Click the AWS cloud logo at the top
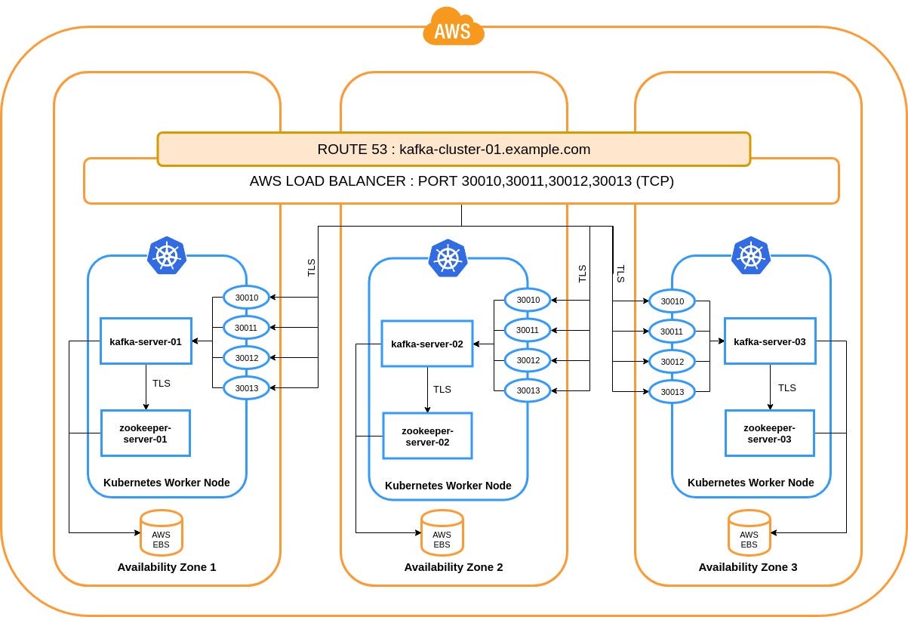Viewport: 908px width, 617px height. click(x=453, y=28)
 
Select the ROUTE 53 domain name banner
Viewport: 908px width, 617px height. click(x=453, y=149)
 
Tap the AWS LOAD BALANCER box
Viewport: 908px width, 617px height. click(x=461, y=181)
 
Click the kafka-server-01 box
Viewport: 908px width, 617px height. click(x=145, y=341)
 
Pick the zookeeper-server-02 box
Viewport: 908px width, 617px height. click(x=427, y=436)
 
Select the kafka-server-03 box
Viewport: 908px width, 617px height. click(x=769, y=341)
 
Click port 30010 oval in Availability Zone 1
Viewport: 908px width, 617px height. click(x=246, y=298)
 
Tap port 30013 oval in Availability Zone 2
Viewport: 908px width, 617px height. click(x=528, y=390)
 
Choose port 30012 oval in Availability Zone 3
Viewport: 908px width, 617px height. click(x=672, y=362)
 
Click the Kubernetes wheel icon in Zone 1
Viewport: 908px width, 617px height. click(x=166, y=255)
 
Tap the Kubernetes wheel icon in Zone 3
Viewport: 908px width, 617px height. click(x=750, y=255)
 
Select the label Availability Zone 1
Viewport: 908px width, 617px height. click(x=167, y=567)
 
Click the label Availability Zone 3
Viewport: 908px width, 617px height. click(x=748, y=567)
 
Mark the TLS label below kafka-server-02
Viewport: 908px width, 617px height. click(x=442, y=390)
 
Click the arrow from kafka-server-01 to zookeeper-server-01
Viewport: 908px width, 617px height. click(x=145, y=387)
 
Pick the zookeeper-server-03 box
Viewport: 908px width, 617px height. click(x=769, y=433)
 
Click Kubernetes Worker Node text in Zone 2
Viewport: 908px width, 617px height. click(x=448, y=486)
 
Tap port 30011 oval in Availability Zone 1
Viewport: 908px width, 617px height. click(x=246, y=328)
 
